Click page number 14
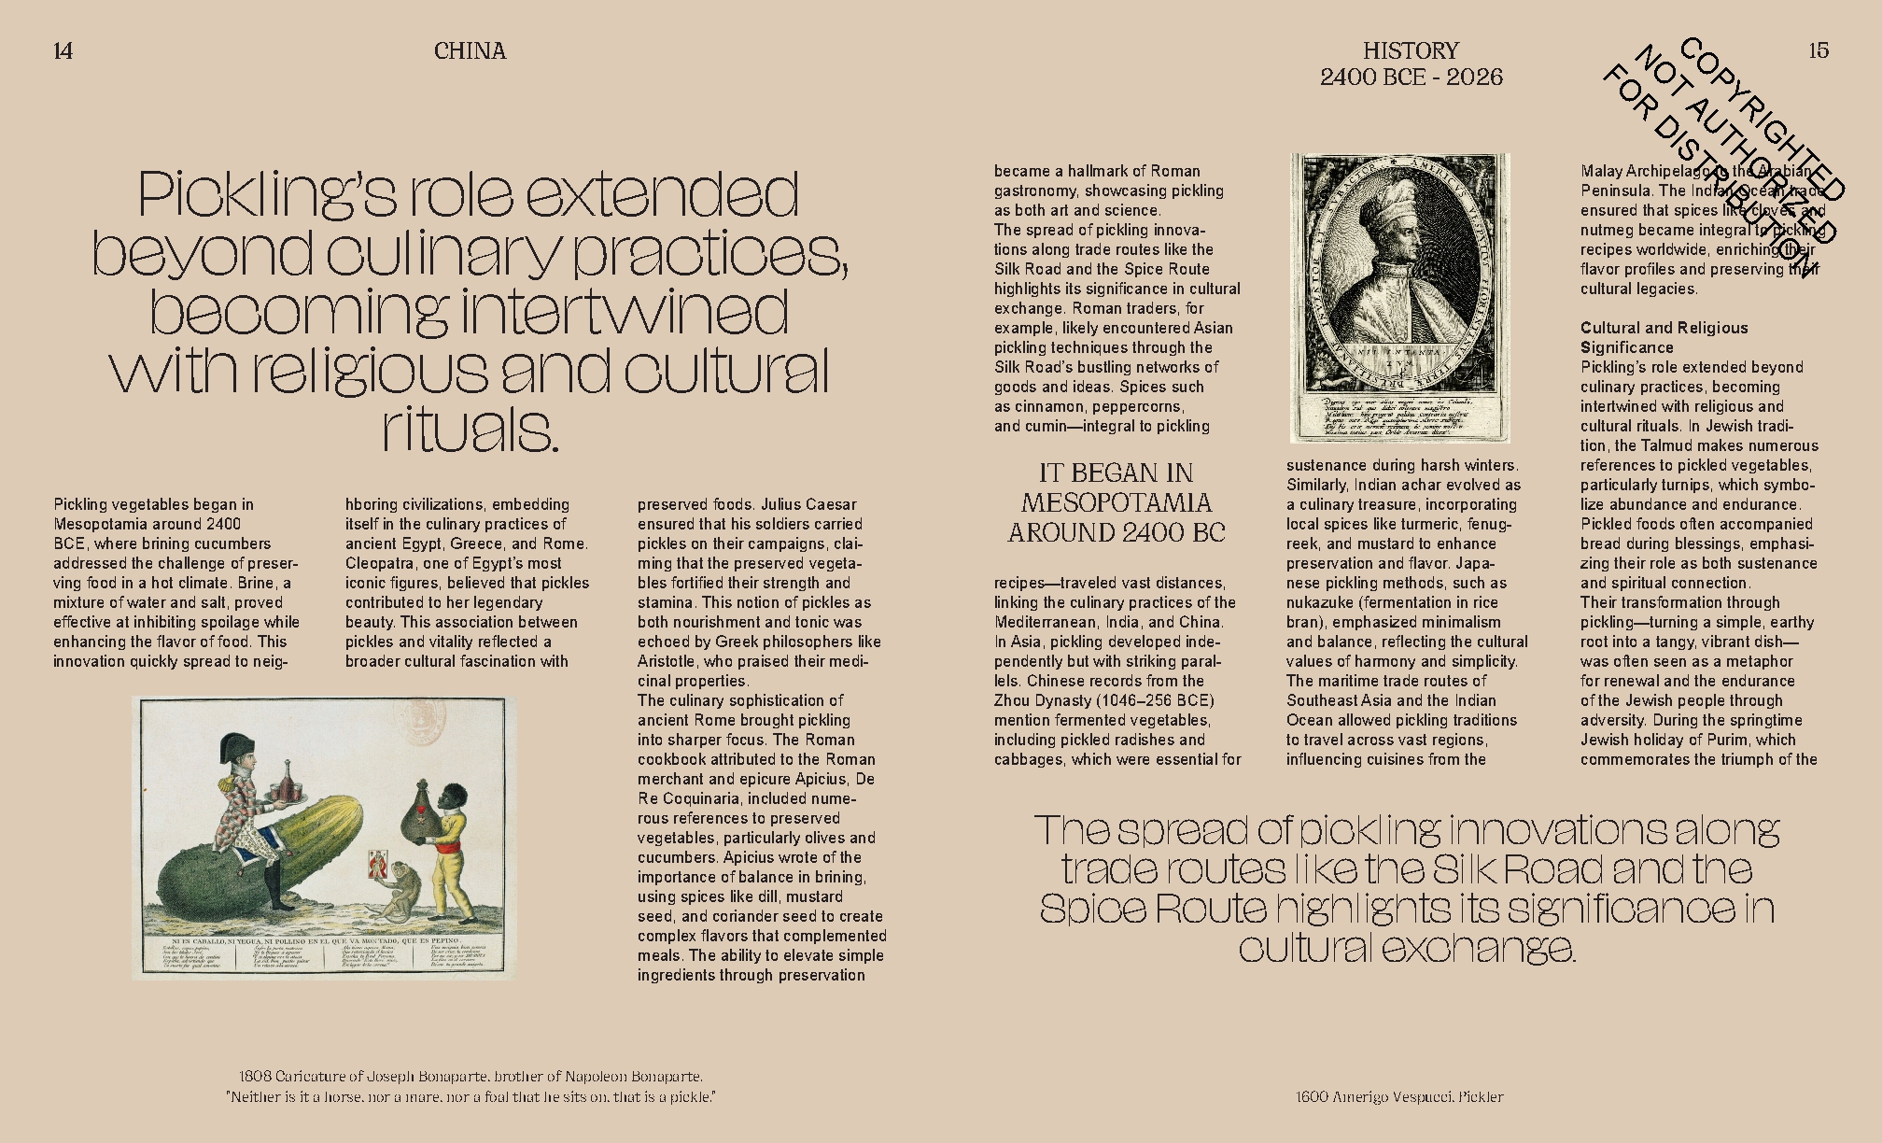pyautogui.click(x=63, y=50)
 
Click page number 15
pyautogui.click(x=1818, y=50)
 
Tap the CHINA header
pyautogui.click(x=470, y=50)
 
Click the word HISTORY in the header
pyautogui.click(x=1411, y=50)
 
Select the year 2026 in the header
pyautogui.click(x=1474, y=77)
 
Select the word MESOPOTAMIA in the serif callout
pyautogui.click(x=1116, y=502)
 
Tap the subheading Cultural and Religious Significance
pyautogui.click(x=1664, y=337)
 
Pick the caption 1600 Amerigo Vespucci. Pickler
pyautogui.click(x=1399, y=1096)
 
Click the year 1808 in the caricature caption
pyautogui.click(x=254, y=1077)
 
